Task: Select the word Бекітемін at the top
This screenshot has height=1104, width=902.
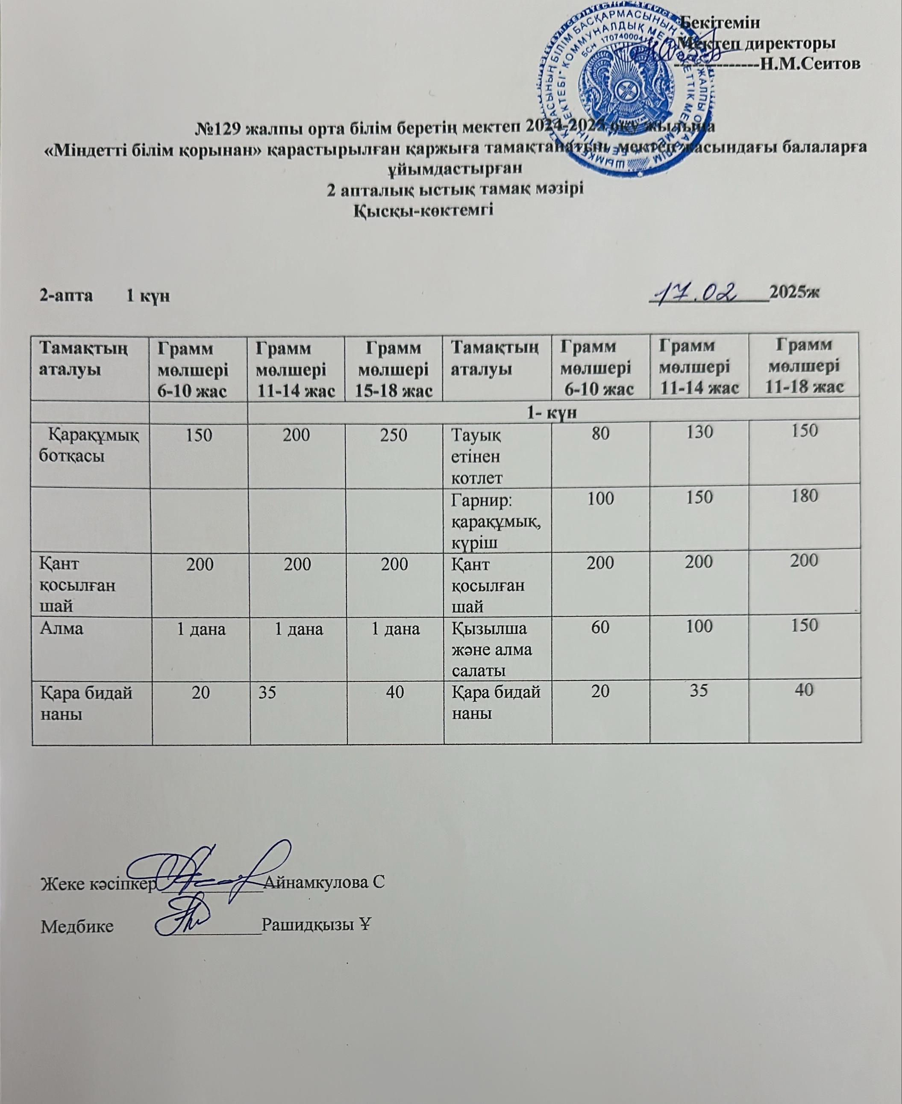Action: coord(720,22)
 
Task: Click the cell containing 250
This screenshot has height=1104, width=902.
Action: coord(394,435)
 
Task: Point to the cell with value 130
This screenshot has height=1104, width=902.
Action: coord(699,432)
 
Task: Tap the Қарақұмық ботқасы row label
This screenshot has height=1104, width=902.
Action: coord(89,446)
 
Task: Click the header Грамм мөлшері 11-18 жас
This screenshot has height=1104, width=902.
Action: coord(804,366)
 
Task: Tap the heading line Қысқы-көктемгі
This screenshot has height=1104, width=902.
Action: coord(423,211)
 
